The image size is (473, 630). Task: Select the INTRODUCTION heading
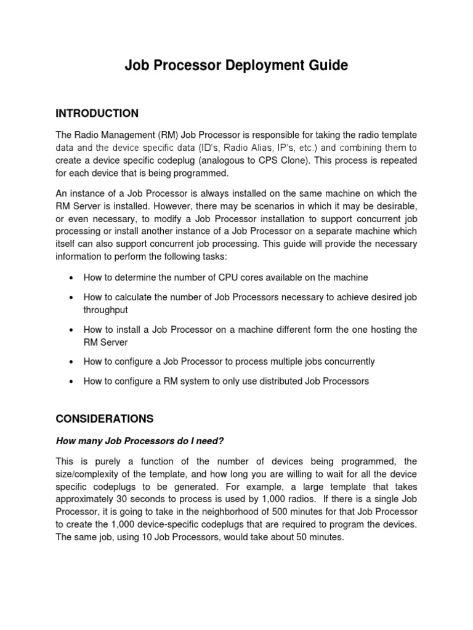pos(97,113)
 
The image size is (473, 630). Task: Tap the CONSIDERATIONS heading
pos(104,418)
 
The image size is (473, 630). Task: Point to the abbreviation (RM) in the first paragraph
pos(161,135)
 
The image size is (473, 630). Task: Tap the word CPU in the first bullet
pos(238,277)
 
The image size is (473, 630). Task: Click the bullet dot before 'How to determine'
pos(72,278)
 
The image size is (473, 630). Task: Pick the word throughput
pos(105,311)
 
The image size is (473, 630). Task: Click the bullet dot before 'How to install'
pos(72,330)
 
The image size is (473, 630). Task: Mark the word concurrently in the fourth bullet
pos(348,361)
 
